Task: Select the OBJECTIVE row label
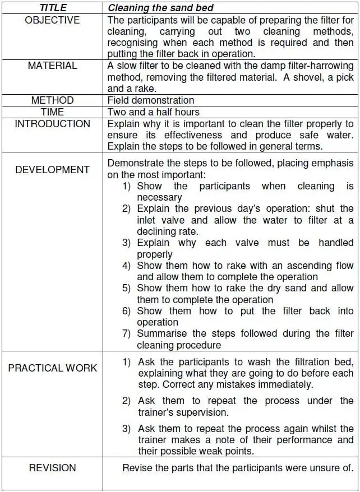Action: [52, 20]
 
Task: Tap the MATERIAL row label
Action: [52, 66]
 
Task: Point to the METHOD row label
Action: [52, 100]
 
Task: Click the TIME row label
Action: [52, 112]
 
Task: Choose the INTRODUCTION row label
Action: [52, 124]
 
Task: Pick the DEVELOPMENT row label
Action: [52, 170]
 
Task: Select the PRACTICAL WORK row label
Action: [52, 368]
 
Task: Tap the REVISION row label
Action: [52, 468]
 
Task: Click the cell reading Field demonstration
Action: [151, 100]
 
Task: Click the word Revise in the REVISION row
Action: [137, 468]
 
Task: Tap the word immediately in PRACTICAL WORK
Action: [285, 385]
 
